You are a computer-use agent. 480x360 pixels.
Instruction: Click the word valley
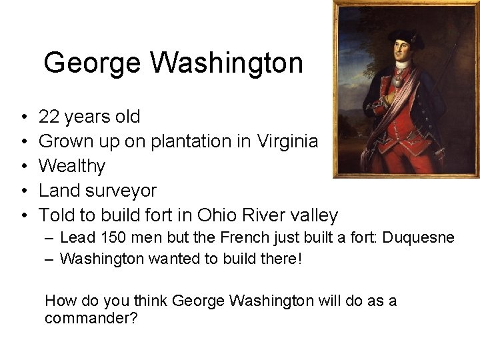pyautogui.click(x=314, y=215)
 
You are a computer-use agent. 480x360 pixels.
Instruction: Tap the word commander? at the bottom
pyautogui.click(x=91, y=319)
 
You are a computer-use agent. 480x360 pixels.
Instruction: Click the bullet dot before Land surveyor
pyautogui.click(x=23, y=191)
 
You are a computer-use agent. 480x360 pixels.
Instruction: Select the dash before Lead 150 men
pyautogui.click(x=51, y=238)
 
